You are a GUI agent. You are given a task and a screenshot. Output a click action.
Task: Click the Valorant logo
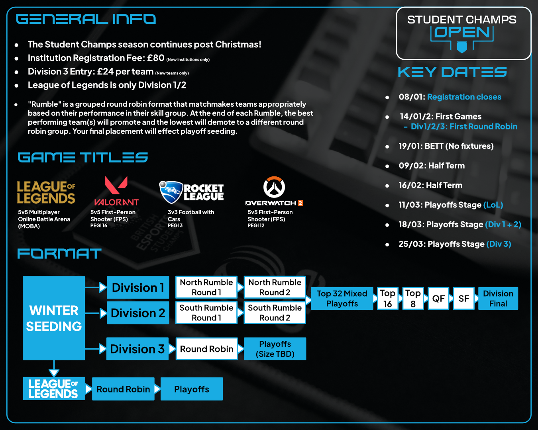pyautogui.click(x=116, y=191)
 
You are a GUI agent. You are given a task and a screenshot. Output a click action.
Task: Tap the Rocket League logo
pyautogui.click(x=191, y=192)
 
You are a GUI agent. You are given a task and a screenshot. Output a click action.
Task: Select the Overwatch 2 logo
pyautogui.click(x=274, y=191)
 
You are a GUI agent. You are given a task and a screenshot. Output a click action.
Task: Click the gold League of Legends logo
pyautogui.click(x=46, y=192)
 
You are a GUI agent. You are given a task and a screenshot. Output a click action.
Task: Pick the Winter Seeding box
pyautogui.click(x=54, y=318)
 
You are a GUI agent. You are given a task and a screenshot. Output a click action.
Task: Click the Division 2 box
pyautogui.click(x=138, y=313)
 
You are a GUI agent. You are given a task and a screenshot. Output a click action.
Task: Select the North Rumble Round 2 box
pyautogui.click(x=275, y=287)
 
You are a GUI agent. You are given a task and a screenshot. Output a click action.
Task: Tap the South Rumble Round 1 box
pyautogui.click(x=206, y=313)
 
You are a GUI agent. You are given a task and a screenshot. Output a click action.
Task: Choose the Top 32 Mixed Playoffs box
pyautogui.click(x=342, y=298)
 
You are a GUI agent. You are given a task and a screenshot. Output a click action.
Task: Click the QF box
pyautogui.click(x=438, y=299)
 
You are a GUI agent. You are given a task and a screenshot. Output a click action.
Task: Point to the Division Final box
pyautogui.click(x=498, y=298)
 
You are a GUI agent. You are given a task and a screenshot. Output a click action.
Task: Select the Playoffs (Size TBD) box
pyautogui.click(x=275, y=349)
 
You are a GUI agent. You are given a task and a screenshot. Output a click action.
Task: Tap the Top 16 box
pyautogui.click(x=387, y=298)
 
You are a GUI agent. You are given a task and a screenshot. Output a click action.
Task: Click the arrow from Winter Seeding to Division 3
pyautogui.click(x=96, y=349)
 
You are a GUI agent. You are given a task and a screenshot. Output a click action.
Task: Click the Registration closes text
pyautogui.click(x=464, y=97)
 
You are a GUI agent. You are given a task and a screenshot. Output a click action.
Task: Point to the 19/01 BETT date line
pyautogui.click(x=446, y=146)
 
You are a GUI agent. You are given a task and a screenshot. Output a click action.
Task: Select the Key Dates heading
pyautogui.click(x=452, y=72)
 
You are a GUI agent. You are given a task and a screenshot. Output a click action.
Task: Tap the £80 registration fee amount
pyautogui.click(x=155, y=58)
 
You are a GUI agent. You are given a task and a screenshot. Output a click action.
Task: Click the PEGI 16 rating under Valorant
pyautogui.click(x=99, y=225)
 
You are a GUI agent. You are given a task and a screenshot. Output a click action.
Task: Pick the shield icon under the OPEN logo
pyautogui.click(x=462, y=47)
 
